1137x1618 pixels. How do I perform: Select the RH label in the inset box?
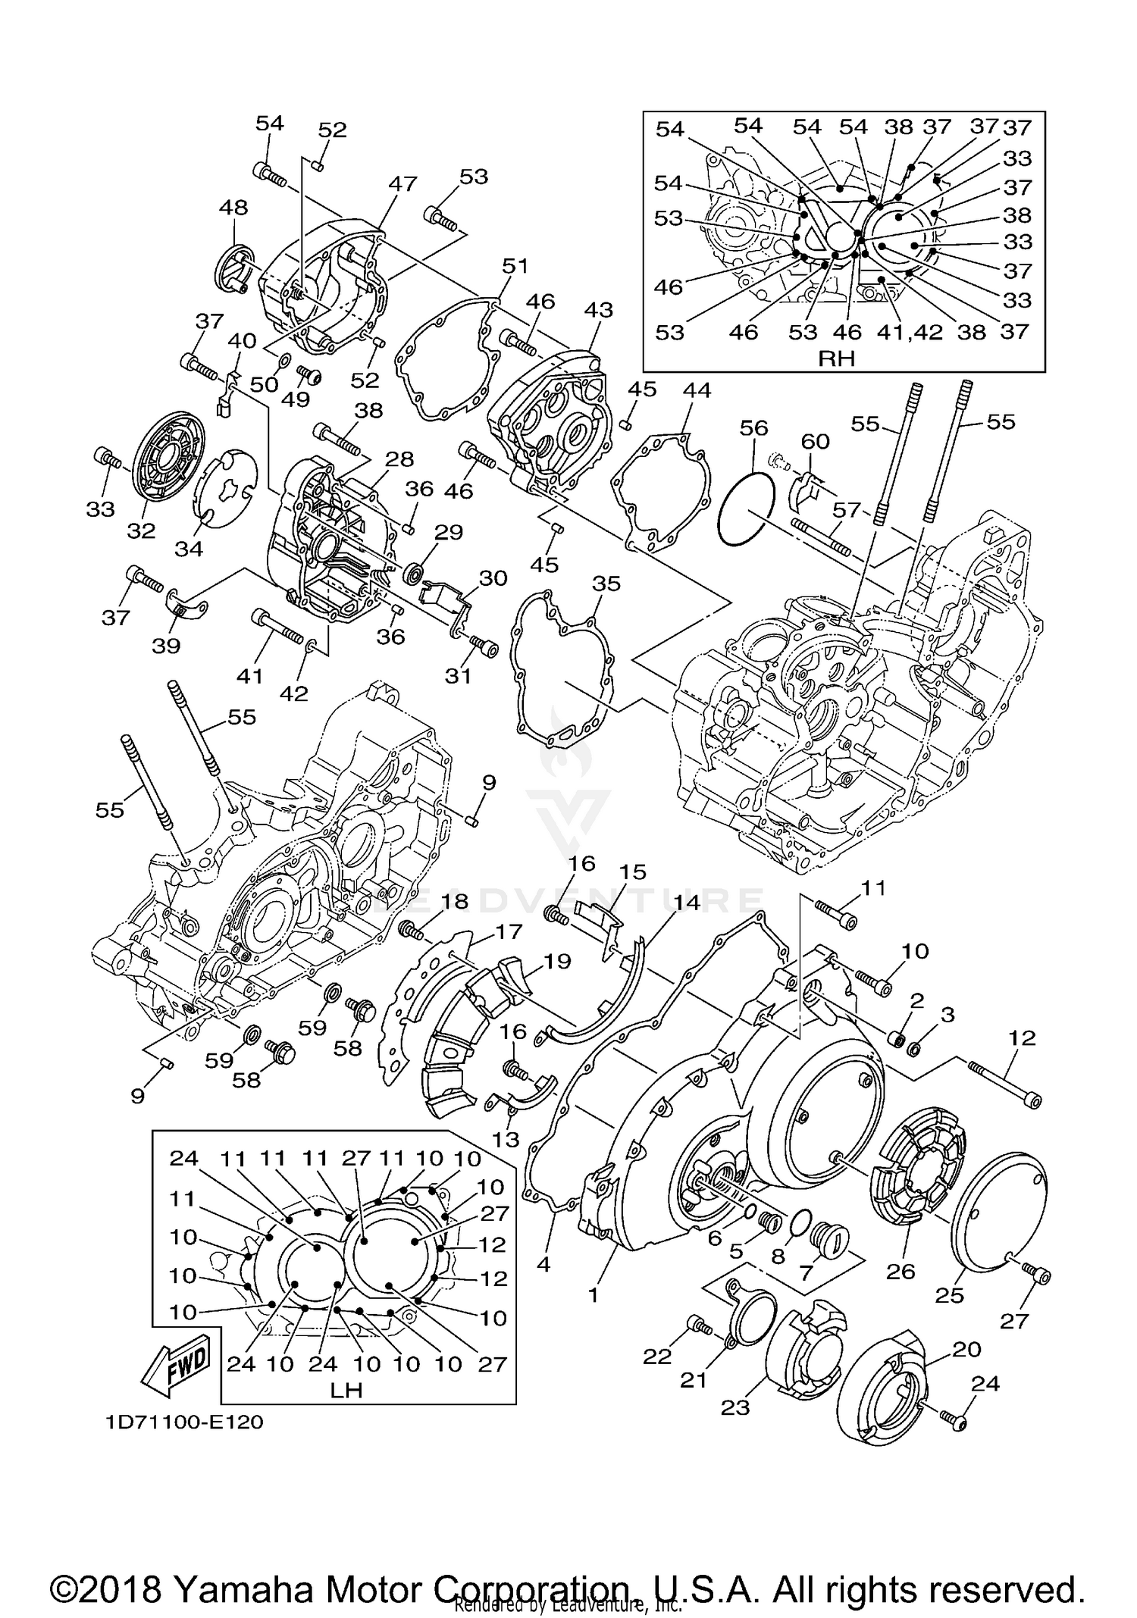click(836, 358)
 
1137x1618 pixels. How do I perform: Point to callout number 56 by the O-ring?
click(753, 428)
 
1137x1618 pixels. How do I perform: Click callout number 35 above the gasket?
click(606, 584)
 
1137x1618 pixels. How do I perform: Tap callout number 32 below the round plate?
click(141, 531)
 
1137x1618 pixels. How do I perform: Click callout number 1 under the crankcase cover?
click(593, 1295)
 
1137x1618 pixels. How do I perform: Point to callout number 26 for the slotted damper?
click(901, 1271)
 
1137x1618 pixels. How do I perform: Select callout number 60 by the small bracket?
click(815, 441)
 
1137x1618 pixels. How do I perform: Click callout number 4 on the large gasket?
click(543, 1265)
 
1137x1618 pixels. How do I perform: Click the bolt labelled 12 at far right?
click(1004, 1084)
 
